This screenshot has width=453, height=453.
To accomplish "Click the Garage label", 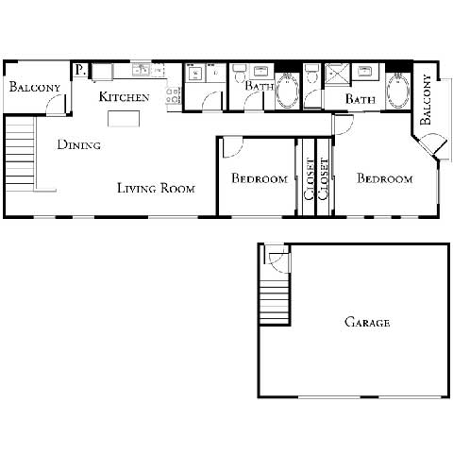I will [x=366, y=323].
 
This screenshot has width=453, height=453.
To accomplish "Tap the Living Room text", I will [x=156, y=189].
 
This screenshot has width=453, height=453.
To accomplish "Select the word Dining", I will [x=79, y=145].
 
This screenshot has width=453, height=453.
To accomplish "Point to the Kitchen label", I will [x=124, y=97].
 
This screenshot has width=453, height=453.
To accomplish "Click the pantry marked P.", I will [x=80, y=69].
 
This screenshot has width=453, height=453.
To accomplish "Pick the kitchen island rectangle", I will [x=121, y=118].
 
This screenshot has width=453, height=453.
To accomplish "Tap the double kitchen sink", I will [x=142, y=69].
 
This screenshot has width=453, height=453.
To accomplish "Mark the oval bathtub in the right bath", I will [x=397, y=95].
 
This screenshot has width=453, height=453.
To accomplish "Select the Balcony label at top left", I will [x=35, y=88].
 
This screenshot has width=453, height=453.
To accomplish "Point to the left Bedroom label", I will [x=260, y=179].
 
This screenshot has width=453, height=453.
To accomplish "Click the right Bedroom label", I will [x=384, y=179].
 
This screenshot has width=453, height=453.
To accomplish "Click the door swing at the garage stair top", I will [x=275, y=255].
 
